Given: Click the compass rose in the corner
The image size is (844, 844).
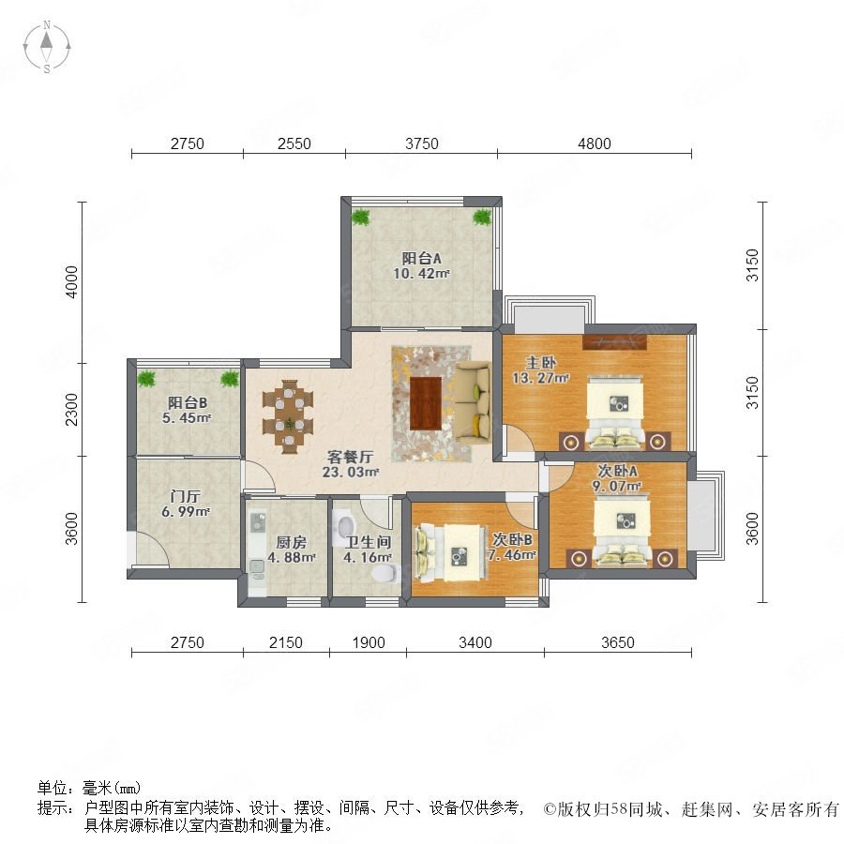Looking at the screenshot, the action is click(47, 47).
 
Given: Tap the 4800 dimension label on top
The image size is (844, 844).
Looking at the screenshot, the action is click(595, 143).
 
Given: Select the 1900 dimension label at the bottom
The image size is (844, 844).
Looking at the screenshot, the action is click(369, 642).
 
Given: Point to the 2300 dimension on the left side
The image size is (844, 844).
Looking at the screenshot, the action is click(71, 409).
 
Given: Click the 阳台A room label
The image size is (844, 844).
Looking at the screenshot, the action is click(421, 259).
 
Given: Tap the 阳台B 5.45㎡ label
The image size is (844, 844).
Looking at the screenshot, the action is click(188, 410).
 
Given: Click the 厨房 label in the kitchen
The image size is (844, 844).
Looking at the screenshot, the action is click(292, 542).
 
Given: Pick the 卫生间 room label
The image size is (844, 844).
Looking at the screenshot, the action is click(369, 542).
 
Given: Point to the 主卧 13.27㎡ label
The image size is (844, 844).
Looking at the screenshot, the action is click(540, 369).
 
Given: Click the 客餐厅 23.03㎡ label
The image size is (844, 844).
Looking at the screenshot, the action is click(351, 464).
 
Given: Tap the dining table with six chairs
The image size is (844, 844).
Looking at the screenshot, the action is click(288, 414).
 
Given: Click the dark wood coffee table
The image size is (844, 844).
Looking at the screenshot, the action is click(426, 403).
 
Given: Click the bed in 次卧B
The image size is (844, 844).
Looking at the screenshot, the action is click(449, 553).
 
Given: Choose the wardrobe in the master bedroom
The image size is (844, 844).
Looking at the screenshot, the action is click(615, 342).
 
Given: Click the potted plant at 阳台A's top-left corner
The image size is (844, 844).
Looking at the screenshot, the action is click(361, 217).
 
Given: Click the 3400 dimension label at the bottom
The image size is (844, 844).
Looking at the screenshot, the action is click(475, 642).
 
